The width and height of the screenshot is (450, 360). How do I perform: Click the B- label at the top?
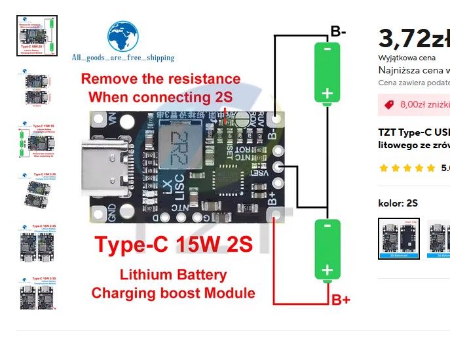click(339, 31)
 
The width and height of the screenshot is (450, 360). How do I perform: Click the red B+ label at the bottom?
click(341, 300)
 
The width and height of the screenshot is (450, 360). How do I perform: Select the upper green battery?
click(327, 72)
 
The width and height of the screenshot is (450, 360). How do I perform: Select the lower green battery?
click(327, 250)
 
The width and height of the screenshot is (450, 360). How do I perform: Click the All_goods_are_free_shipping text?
click(123, 58)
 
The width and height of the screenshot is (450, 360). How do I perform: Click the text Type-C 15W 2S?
click(173, 245)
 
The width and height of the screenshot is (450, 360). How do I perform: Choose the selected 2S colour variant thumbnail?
click(399, 239)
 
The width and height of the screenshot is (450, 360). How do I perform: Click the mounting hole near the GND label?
click(99, 214)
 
